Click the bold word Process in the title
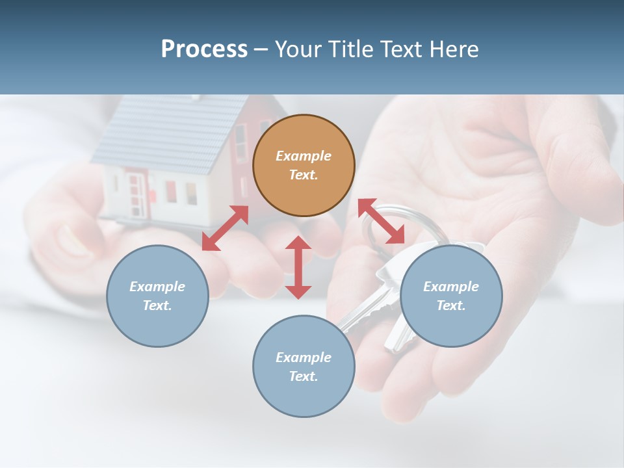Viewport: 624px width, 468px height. pyautogui.click(x=204, y=49)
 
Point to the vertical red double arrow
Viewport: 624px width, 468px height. pyautogui.click(x=298, y=267)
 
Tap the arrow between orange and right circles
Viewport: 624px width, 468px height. pyautogui.click(x=381, y=221)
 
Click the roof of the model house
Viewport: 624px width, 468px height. pyautogui.click(x=162, y=133)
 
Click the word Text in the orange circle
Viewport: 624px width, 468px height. pyautogui.click(x=304, y=175)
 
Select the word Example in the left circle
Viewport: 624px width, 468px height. pyautogui.click(x=157, y=287)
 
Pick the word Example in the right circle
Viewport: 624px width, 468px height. pyautogui.click(x=451, y=287)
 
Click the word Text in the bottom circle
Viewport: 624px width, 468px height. pyautogui.click(x=304, y=376)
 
